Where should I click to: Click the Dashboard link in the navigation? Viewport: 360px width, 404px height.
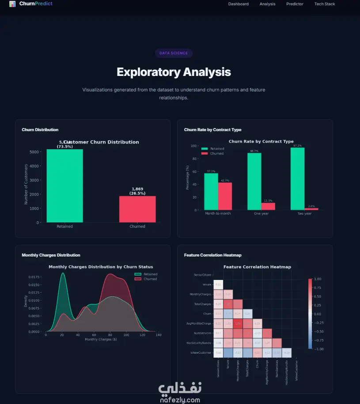pos(238,4)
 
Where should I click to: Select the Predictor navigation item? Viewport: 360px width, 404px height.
pos(295,4)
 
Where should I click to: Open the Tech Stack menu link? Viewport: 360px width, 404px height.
pos(324,4)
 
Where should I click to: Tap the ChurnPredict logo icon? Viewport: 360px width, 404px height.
pos(12,4)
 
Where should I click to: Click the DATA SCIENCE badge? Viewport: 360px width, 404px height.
pos(174,53)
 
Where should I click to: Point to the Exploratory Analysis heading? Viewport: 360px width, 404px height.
pos(174,72)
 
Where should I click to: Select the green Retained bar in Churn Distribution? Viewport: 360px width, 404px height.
pos(64,185)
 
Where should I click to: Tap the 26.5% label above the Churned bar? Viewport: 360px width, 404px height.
pos(137,193)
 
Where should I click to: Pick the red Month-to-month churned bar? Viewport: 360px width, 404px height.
pos(225,196)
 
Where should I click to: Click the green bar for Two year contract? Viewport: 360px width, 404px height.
pos(297,178)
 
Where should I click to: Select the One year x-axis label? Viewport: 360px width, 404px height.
pos(261,214)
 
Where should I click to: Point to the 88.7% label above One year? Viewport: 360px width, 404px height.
pos(254,151)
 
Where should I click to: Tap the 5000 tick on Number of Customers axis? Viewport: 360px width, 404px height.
pos(34,152)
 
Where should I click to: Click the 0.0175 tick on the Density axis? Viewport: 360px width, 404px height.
pos(34,277)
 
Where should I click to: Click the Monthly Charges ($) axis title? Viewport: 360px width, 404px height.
pos(101,340)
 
